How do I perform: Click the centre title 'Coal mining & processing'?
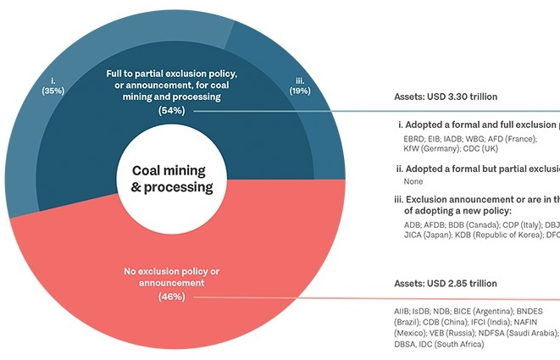pyautogui.click(x=172, y=177)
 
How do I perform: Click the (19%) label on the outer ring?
pyautogui.click(x=299, y=90)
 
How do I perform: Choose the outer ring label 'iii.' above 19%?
pyautogui.click(x=300, y=80)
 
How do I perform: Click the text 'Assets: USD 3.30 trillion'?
pyautogui.click(x=446, y=97)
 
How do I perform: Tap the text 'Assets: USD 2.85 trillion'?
pyautogui.click(x=446, y=283)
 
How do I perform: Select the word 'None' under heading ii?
pyautogui.click(x=414, y=181)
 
